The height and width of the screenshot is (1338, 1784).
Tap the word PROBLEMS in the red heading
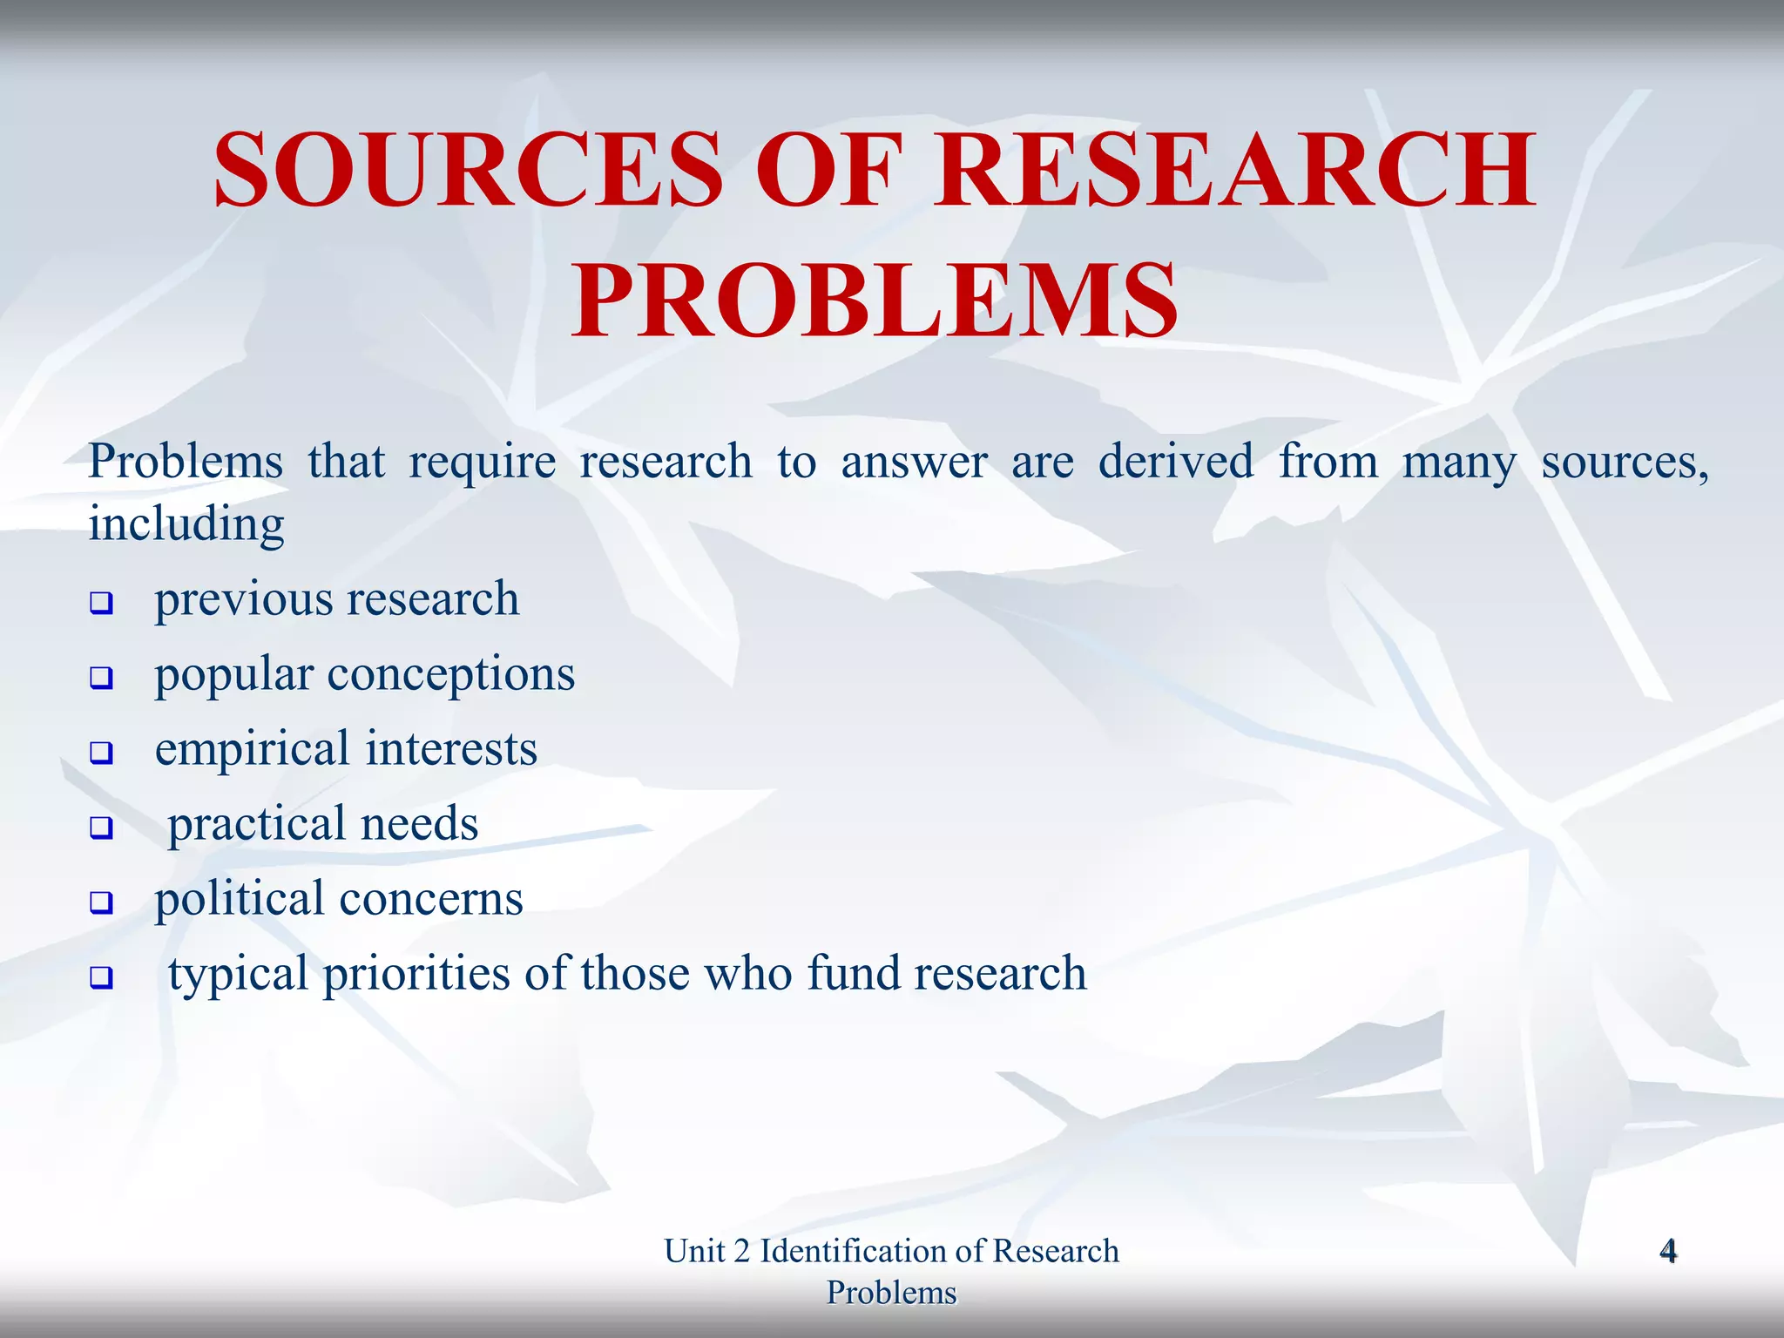tap(875, 301)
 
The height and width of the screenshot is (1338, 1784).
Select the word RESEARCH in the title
tap(1234, 169)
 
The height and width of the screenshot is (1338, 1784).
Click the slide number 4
tap(1668, 1251)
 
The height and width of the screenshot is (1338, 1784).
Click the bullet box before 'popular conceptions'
tap(102, 678)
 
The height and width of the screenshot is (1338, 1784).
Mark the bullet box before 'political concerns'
tap(102, 902)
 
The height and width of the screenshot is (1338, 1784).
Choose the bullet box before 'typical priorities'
tap(102, 977)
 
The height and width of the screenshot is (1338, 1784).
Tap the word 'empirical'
tap(252, 750)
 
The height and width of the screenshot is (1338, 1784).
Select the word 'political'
tap(240, 900)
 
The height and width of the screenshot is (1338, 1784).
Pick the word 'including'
tap(186, 525)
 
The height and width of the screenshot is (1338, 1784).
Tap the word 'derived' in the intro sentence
tap(1176, 462)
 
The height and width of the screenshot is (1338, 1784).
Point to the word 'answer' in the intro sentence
tap(914, 462)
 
